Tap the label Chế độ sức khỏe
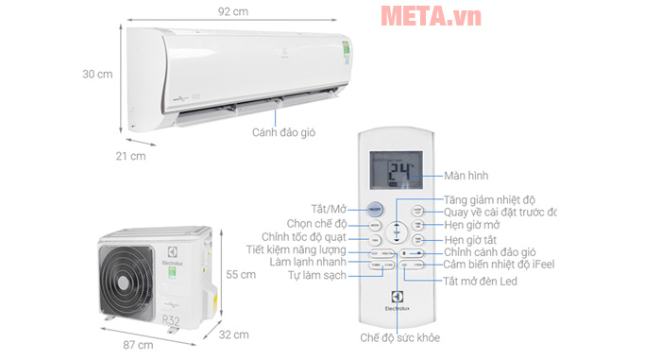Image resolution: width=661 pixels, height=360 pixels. coord(398,337)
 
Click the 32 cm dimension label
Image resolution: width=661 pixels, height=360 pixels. coord(234,335)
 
